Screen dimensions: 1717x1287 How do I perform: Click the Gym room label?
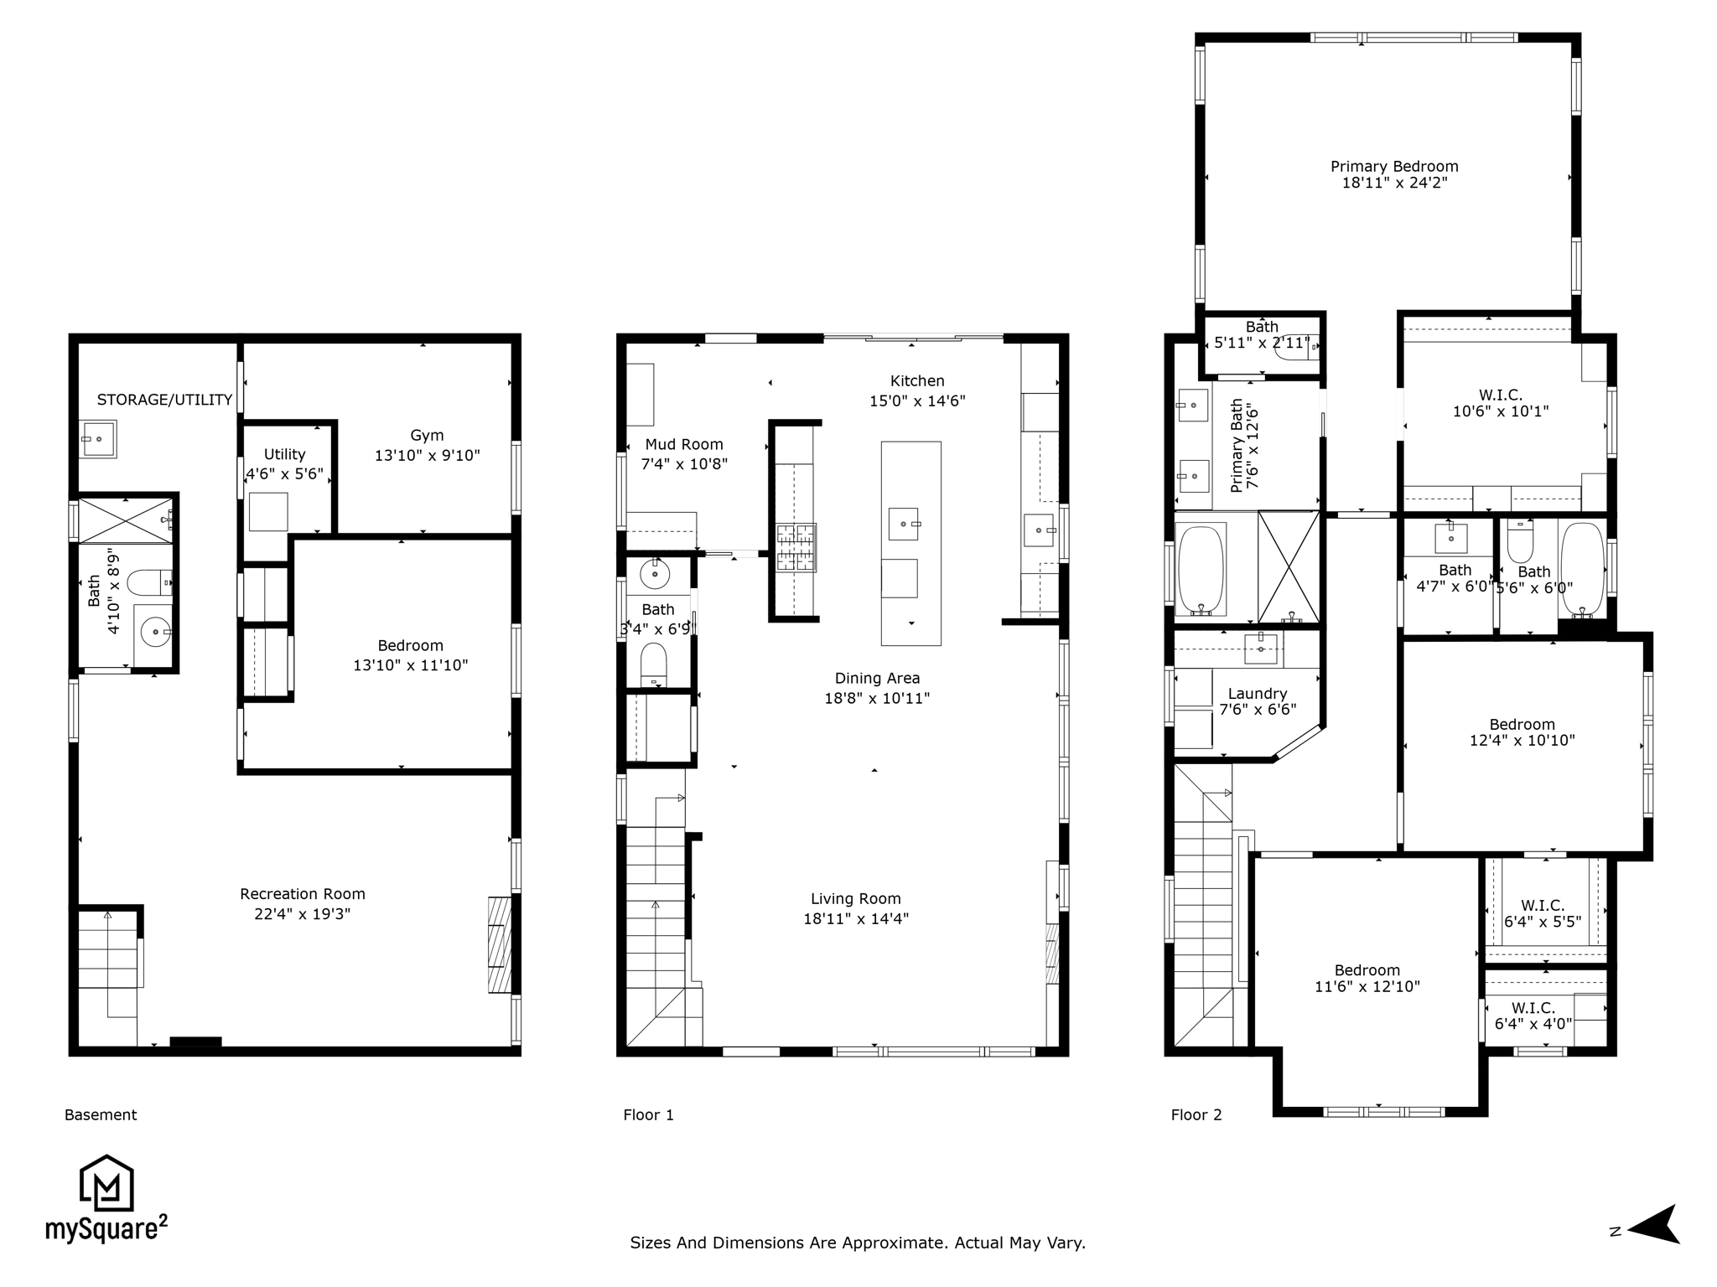click(x=427, y=436)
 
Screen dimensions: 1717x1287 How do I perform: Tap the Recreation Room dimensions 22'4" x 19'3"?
click(x=303, y=913)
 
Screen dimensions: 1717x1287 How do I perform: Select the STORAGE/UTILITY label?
click(x=164, y=400)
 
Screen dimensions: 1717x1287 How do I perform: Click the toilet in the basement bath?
click(x=149, y=582)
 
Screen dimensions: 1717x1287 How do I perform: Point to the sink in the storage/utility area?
click(x=99, y=439)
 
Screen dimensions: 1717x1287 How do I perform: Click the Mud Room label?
click(x=684, y=445)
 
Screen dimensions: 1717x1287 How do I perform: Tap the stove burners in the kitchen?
click(x=796, y=548)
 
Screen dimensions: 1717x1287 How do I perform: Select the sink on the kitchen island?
click(x=903, y=525)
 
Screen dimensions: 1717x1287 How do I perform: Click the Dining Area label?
click(x=877, y=679)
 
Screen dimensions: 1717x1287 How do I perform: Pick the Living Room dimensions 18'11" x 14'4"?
click(x=856, y=918)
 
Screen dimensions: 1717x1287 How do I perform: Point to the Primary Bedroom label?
click(x=1394, y=167)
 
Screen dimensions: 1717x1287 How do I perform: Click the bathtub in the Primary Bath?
click(x=1202, y=570)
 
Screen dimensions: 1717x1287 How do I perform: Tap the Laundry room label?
click(x=1258, y=694)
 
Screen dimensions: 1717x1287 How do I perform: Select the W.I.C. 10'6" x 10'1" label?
click(x=1501, y=403)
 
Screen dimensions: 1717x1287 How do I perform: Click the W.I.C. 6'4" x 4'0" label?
click(x=1533, y=1016)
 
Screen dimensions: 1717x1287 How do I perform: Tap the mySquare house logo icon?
click(x=106, y=1183)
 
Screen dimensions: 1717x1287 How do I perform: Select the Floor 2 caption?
click(x=1196, y=1115)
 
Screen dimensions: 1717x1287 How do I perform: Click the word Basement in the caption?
click(x=101, y=1115)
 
